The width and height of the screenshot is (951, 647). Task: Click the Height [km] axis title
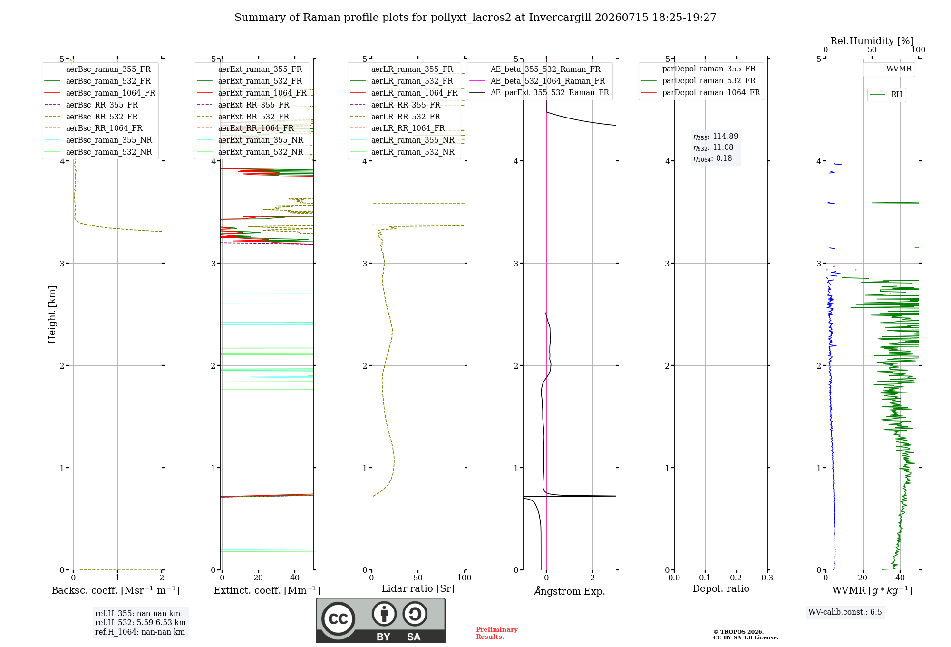click(x=52, y=314)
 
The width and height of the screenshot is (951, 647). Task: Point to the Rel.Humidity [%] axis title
click(x=872, y=41)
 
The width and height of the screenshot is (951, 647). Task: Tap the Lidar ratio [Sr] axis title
click(x=418, y=588)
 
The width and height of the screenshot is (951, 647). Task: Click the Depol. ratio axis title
click(x=720, y=588)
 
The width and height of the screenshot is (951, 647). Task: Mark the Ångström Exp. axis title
click(x=570, y=590)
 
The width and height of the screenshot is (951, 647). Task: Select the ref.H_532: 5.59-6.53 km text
click(x=140, y=622)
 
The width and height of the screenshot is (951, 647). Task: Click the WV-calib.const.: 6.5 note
click(x=845, y=612)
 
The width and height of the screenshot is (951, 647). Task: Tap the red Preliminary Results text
click(x=496, y=633)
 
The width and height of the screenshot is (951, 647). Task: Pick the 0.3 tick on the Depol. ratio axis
click(x=767, y=578)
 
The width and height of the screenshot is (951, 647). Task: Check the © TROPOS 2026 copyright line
click(x=738, y=632)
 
